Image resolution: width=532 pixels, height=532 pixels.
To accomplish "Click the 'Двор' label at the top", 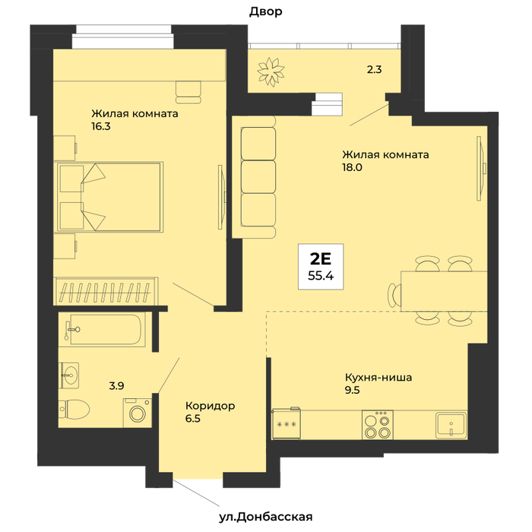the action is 266,12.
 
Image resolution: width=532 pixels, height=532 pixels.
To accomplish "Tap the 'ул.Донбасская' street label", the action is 265,517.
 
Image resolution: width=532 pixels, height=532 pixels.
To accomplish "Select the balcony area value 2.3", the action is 374,70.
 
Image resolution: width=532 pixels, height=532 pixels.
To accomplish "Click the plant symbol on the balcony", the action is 271,71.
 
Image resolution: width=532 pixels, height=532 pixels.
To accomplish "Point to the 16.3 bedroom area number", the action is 101,127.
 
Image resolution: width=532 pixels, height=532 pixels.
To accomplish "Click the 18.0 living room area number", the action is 352,167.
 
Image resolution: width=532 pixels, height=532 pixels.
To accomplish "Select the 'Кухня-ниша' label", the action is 378,377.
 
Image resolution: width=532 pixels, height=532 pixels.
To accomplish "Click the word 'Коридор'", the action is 210,406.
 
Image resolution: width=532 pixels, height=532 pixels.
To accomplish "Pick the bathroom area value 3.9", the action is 116,386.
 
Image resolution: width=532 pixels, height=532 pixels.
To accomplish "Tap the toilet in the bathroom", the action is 74,410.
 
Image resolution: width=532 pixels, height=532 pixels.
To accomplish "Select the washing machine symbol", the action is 137,412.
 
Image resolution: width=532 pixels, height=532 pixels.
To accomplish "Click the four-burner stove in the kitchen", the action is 377,425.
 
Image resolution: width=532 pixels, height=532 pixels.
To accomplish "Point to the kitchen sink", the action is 451,425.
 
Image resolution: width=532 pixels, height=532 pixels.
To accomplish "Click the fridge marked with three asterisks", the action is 287,424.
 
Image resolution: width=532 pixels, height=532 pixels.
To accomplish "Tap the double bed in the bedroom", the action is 110,197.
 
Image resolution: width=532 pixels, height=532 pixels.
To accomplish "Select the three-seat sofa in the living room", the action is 258,176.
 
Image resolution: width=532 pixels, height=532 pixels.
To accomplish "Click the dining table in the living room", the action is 444,291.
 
